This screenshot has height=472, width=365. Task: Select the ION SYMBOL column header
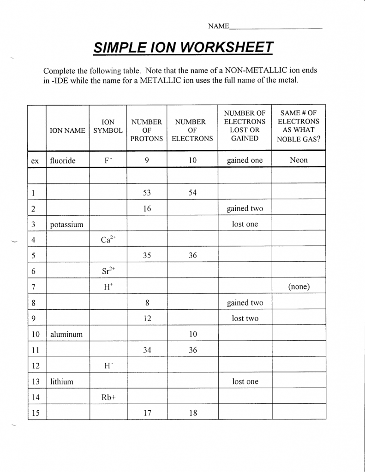point(108,126)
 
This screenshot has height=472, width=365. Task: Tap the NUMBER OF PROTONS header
point(147,130)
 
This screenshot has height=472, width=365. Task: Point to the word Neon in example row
point(299,160)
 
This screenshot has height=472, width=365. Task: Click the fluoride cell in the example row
point(63,161)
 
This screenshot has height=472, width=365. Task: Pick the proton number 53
point(147,193)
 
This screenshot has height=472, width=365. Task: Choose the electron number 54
point(192,193)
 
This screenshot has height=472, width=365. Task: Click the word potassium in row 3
point(67,224)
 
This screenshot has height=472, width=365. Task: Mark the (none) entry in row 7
point(299,287)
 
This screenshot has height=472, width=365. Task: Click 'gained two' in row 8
point(245,303)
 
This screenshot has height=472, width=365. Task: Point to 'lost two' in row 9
point(245,319)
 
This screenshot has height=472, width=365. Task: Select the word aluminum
point(66,334)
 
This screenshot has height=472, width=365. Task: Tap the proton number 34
point(147,350)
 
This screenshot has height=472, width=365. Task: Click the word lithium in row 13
point(62,382)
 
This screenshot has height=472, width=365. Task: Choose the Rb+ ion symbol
point(108,397)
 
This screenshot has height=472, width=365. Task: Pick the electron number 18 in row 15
point(192,413)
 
